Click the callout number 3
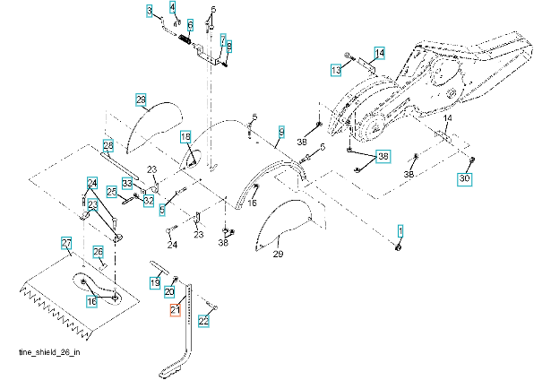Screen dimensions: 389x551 [150, 10]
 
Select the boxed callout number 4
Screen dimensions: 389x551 [175, 8]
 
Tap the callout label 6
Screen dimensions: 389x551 [190, 24]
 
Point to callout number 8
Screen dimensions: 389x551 [228, 46]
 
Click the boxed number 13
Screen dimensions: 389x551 [336, 69]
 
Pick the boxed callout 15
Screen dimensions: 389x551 [186, 136]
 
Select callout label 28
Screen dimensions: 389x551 [108, 144]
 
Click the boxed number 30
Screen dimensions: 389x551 [464, 179]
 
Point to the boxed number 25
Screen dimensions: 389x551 [112, 191]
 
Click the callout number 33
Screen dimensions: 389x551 [127, 183]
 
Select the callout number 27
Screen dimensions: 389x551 [65, 243]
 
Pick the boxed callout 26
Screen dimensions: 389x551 [99, 251]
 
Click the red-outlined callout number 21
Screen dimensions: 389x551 [176, 311]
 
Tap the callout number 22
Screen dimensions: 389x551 [203, 320]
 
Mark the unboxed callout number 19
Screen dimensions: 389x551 [154, 283]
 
